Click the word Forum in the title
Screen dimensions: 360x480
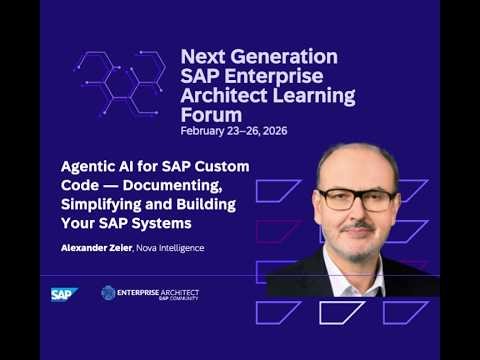pyautogui.click(x=208, y=115)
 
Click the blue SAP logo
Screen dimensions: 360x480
pyautogui.click(x=64, y=293)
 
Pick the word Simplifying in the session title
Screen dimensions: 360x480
pyautogui.click(x=99, y=204)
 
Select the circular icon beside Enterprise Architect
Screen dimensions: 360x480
pyautogui.click(x=108, y=293)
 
